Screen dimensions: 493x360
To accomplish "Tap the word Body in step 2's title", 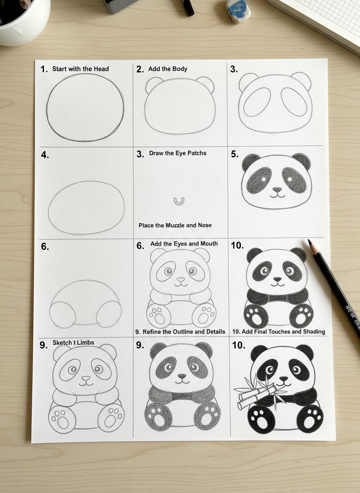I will pyautogui.click(x=180, y=69).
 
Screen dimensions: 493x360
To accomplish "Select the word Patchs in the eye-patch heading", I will pyautogui.click(x=197, y=153).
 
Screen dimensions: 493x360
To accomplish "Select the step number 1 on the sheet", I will pyautogui.click(x=43, y=70).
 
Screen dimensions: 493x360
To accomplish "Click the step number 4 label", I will pyautogui.click(x=45, y=155).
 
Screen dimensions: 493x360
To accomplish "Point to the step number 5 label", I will pyautogui.click(x=234, y=154).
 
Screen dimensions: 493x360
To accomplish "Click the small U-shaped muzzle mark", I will pyautogui.click(x=178, y=201).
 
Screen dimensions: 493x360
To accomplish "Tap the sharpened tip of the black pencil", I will pyautogui.click(x=310, y=242).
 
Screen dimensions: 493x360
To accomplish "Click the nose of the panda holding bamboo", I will pyautogui.click(x=284, y=379).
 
